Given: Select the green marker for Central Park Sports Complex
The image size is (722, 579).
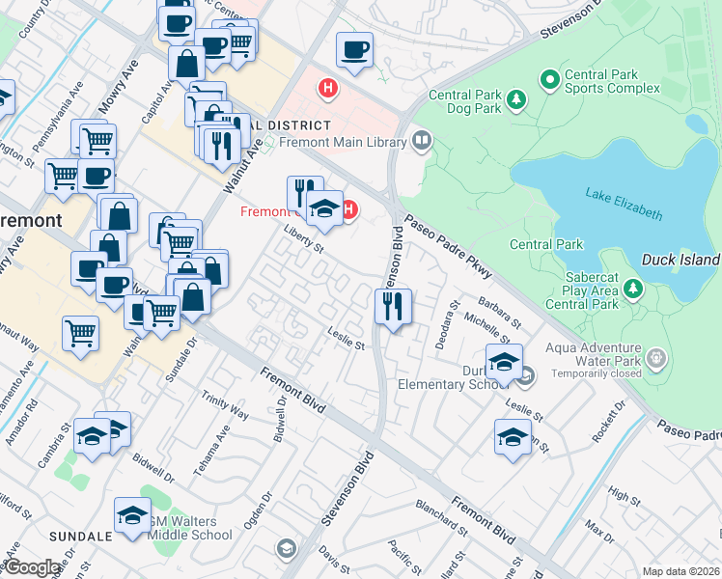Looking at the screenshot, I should click(549, 79).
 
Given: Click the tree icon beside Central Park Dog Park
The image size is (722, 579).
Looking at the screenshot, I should click(516, 98).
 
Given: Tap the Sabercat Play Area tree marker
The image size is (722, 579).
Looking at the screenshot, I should click(633, 289).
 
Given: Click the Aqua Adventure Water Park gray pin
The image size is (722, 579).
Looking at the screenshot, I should click(657, 358).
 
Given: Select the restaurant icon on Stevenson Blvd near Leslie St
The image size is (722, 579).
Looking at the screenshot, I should click(393, 307).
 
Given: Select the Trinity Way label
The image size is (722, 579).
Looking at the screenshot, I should click(225, 406).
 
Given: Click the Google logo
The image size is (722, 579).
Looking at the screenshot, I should click(31, 567).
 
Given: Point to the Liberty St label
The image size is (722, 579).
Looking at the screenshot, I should click(302, 238).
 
